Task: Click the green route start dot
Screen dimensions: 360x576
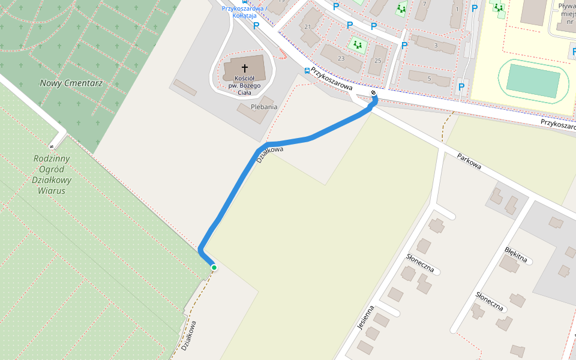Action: [x=214, y=268]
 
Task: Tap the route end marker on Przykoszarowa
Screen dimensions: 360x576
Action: [x=374, y=93]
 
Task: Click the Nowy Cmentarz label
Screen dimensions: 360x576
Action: [x=71, y=83]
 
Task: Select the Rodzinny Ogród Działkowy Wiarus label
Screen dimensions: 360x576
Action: [x=52, y=175]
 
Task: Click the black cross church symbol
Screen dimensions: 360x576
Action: [x=245, y=68]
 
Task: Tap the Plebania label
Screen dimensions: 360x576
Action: [x=264, y=107]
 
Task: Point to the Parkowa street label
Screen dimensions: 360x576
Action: [x=469, y=161]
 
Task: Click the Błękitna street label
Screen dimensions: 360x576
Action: [x=515, y=253]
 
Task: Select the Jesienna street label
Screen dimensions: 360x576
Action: [x=365, y=317]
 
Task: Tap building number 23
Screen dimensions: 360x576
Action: [x=341, y=58]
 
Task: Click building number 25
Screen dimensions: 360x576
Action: [x=377, y=61]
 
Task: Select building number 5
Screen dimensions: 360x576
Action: [x=429, y=78]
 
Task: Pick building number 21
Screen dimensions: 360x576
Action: [x=308, y=27]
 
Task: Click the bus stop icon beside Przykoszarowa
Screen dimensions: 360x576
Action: [x=307, y=70]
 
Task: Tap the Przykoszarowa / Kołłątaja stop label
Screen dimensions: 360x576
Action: [x=244, y=11]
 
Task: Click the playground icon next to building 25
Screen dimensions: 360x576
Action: [x=358, y=44]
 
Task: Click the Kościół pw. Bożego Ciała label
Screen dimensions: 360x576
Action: [x=245, y=85]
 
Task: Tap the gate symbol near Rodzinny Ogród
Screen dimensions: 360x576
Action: [x=52, y=146]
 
